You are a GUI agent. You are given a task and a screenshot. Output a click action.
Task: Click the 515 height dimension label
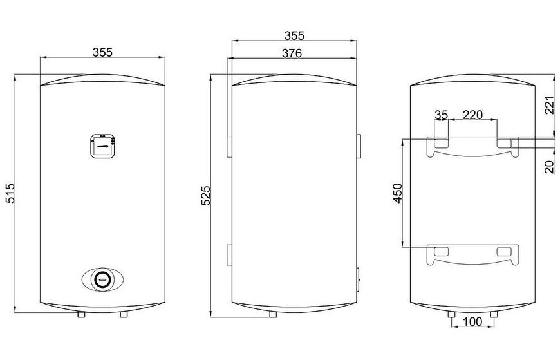pos(10,193)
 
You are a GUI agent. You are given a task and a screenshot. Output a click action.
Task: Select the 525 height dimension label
pos(206,196)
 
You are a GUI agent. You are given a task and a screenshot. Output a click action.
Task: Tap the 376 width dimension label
pos(292,53)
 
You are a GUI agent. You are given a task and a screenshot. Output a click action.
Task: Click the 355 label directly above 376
pos(294,36)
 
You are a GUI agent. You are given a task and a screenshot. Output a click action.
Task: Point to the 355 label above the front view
pos(103,52)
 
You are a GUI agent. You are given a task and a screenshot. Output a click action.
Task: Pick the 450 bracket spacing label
pos(398,193)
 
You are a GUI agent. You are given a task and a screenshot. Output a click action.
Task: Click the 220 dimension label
pos(472,115)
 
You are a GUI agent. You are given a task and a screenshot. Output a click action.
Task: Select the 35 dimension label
pos(441,115)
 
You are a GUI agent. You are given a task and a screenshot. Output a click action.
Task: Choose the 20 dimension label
pos(550,167)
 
